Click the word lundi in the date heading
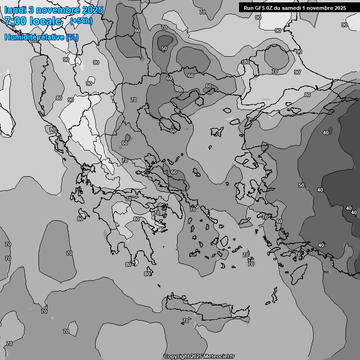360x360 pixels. tap(15, 10)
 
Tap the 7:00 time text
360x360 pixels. tap(15, 21)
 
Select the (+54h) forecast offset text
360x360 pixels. tap(81, 21)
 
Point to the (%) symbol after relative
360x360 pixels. tap(73, 37)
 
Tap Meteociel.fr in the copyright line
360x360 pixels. tap(218, 356)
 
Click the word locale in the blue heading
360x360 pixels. tap(45, 21)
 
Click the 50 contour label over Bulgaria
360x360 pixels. tap(164, 48)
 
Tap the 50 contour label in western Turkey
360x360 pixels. tap(301, 185)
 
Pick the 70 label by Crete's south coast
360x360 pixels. tap(185, 321)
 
